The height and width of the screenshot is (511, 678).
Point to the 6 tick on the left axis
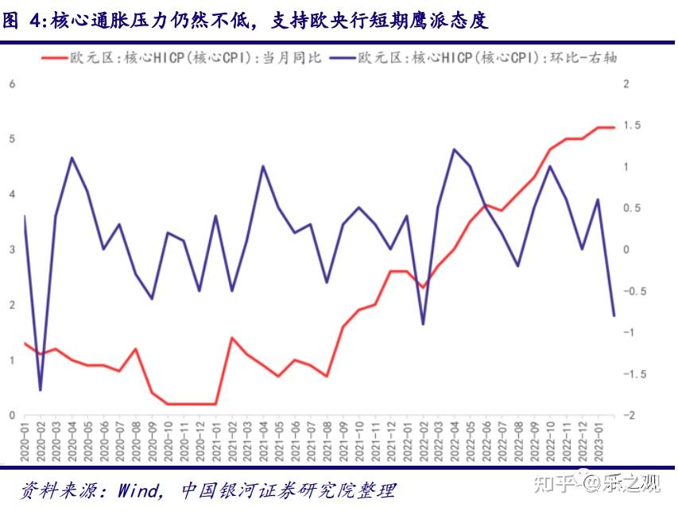[x=12, y=84]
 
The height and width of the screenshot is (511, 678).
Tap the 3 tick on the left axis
[x=12, y=250]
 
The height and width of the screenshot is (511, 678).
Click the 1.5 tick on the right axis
[x=632, y=126]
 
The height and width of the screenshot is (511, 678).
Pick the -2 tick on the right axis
[x=629, y=416]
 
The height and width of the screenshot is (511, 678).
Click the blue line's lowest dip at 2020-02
[x=40, y=390]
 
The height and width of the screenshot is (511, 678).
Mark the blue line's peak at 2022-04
[x=454, y=149]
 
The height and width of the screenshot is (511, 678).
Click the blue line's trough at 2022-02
[x=422, y=324]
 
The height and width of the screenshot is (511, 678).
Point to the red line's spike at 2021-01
[x=231, y=338]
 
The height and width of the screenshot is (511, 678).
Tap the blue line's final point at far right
[x=614, y=316]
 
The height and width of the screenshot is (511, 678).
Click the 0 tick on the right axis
[x=626, y=250]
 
